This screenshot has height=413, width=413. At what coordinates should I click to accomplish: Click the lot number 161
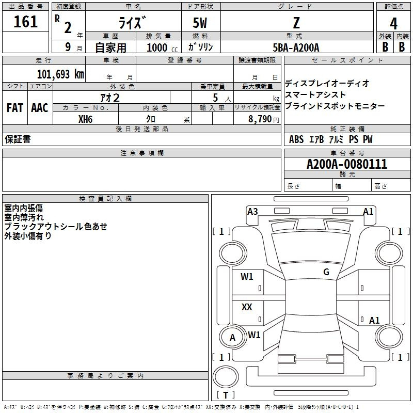click(x=26, y=22)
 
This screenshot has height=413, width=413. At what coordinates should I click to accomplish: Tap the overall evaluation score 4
click(x=394, y=23)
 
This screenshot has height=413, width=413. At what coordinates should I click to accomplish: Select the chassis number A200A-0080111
click(x=346, y=164)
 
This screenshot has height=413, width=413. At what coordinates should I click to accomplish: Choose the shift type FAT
click(x=14, y=108)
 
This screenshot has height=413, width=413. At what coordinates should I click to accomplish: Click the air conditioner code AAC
click(x=40, y=108)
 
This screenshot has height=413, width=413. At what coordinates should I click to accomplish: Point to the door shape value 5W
click(x=201, y=23)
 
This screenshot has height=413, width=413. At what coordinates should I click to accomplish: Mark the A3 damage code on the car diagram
click(x=252, y=211)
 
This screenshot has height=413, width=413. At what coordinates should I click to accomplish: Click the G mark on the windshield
click(x=326, y=272)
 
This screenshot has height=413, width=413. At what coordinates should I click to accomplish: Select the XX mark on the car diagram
click(x=247, y=307)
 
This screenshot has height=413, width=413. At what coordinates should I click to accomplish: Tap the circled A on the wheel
click(x=232, y=338)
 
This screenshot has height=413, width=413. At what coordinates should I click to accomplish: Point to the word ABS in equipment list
click(x=296, y=139)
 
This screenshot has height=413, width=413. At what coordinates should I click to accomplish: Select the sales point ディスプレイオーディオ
click(x=327, y=83)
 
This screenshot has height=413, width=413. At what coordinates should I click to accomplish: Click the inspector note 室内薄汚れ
click(x=24, y=217)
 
